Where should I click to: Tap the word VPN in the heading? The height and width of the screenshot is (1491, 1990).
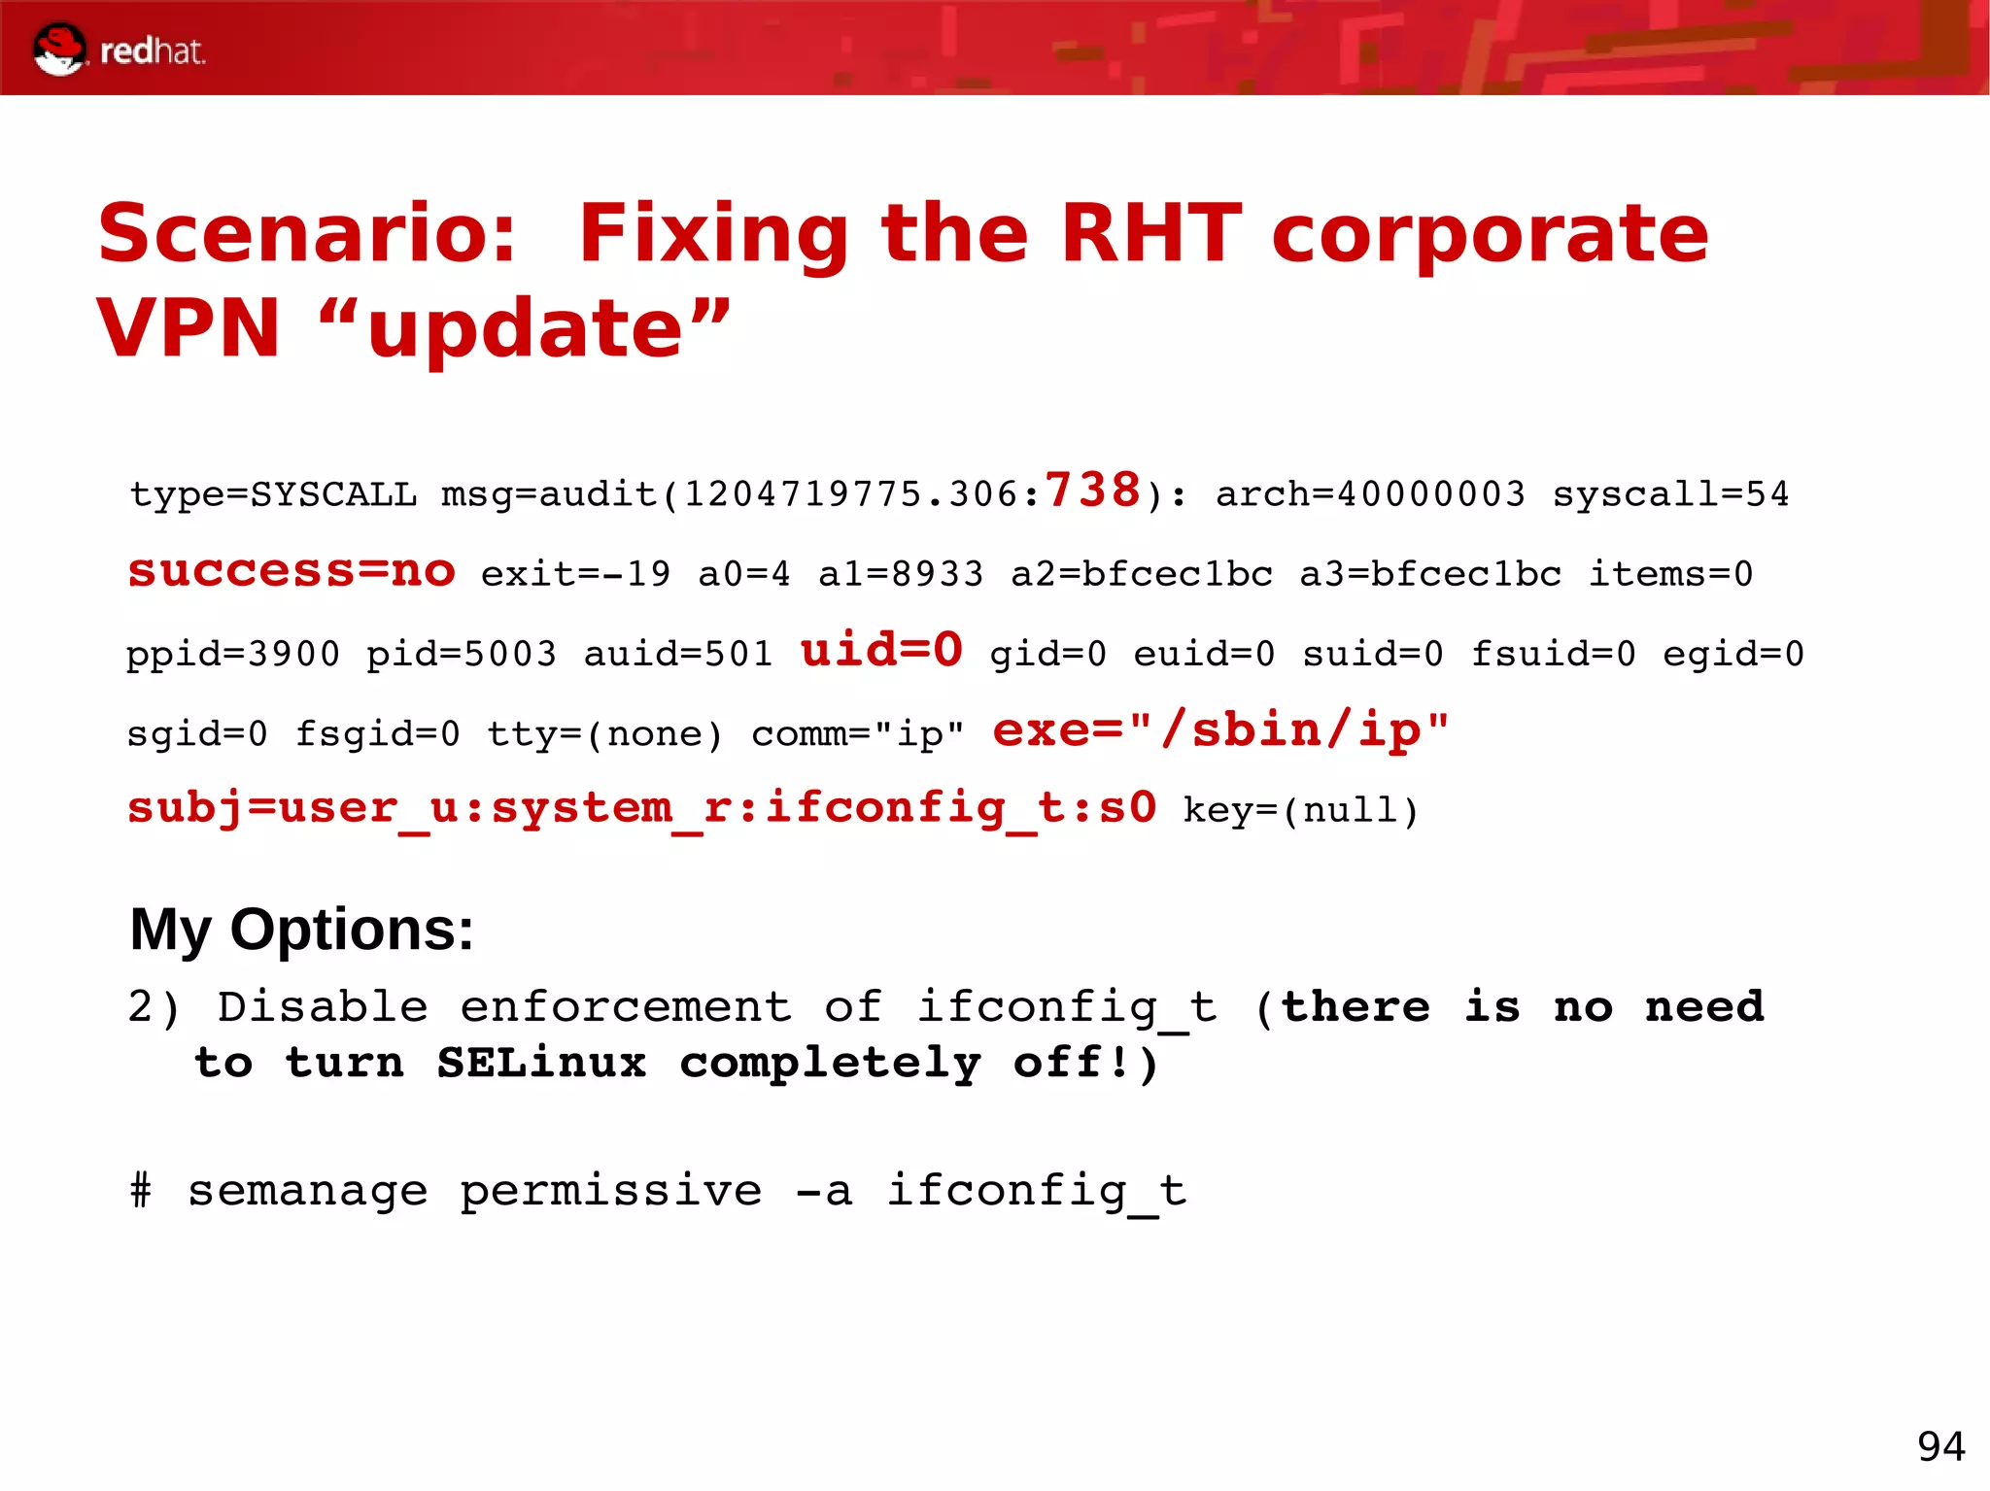(x=189, y=328)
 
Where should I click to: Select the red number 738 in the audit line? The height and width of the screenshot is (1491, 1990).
(x=1092, y=490)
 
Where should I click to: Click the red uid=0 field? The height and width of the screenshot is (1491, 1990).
(x=881, y=650)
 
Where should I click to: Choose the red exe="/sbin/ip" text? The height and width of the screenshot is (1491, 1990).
(x=1220, y=729)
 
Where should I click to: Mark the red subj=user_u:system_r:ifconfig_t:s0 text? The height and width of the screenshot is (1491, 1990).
(x=641, y=808)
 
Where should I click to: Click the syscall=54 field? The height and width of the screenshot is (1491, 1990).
(x=1670, y=494)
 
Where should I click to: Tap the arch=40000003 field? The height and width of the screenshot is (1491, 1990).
(x=1370, y=494)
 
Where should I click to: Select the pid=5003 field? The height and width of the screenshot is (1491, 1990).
(x=462, y=654)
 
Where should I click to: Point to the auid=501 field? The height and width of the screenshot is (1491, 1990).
(x=677, y=654)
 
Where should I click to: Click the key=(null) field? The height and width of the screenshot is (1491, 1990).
(x=1301, y=810)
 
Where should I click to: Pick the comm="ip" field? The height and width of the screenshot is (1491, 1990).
(x=858, y=734)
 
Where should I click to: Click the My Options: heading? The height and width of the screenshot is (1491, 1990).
(x=301, y=930)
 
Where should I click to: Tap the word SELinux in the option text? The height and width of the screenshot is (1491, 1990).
(x=541, y=1063)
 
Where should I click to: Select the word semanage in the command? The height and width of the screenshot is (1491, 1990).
(x=307, y=1191)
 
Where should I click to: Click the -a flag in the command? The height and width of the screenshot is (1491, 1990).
(x=824, y=1191)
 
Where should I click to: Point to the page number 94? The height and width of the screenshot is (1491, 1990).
(x=1940, y=1446)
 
